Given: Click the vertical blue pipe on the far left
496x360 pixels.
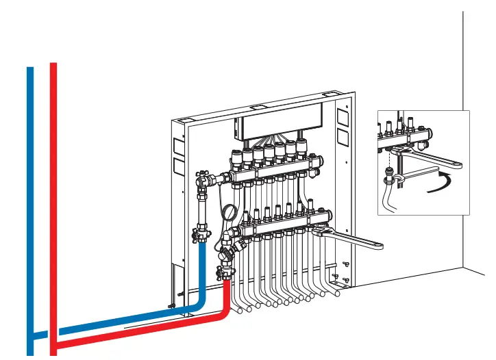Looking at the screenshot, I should click(29, 205).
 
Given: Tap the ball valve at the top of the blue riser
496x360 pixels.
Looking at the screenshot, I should click(203, 182).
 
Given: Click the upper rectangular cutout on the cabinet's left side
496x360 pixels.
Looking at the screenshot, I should click(178, 146).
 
